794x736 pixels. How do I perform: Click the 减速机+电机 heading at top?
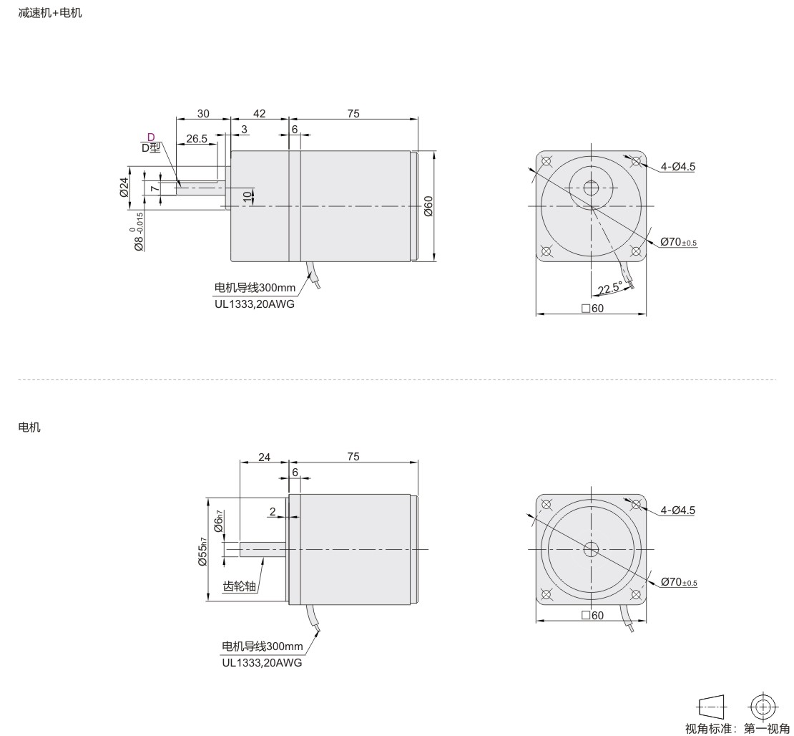pyautogui.click(x=49, y=13)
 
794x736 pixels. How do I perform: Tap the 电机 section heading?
pyautogui.click(x=29, y=427)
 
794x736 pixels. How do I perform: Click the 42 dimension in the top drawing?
pyautogui.click(x=259, y=114)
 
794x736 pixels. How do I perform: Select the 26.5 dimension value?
pyautogui.click(x=197, y=139)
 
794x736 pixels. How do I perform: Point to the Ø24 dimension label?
pyautogui.click(x=124, y=187)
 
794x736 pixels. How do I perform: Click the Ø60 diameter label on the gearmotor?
pyautogui.click(x=428, y=206)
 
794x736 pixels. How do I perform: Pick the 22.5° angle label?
pyautogui.click(x=609, y=288)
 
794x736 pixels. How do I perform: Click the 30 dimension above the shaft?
pyautogui.click(x=203, y=114)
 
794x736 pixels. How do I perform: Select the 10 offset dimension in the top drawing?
pyautogui.click(x=247, y=197)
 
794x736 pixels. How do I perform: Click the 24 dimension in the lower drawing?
pyautogui.click(x=265, y=457)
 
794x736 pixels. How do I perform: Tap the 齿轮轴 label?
pyautogui.click(x=240, y=586)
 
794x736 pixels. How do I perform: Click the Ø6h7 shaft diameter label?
pyautogui.click(x=219, y=521)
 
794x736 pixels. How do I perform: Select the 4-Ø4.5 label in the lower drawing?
pyautogui.click(x=678, y=510)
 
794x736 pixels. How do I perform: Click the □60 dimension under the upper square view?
pyautogui.click(x=592, y=308)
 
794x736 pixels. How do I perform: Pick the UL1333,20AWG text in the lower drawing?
pyautogui.click(x=262, y=662)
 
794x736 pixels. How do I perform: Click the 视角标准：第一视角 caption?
pyautogui.click(x=737, y=729)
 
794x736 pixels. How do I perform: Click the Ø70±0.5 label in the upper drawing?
pyautogui.click(x=679, y=242)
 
